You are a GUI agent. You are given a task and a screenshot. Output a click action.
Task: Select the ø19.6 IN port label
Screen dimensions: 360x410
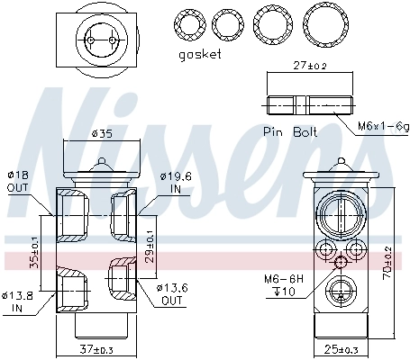click(174, 184)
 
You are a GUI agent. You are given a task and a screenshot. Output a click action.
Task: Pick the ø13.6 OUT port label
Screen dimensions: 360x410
click(173, 293)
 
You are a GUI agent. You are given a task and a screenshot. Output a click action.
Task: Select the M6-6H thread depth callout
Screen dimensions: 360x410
click(283, 284)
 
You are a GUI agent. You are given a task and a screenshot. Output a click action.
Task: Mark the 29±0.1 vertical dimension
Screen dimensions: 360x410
click(150, 243)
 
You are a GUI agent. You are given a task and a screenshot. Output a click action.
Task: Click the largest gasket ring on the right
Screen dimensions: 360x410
click(323, 21)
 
